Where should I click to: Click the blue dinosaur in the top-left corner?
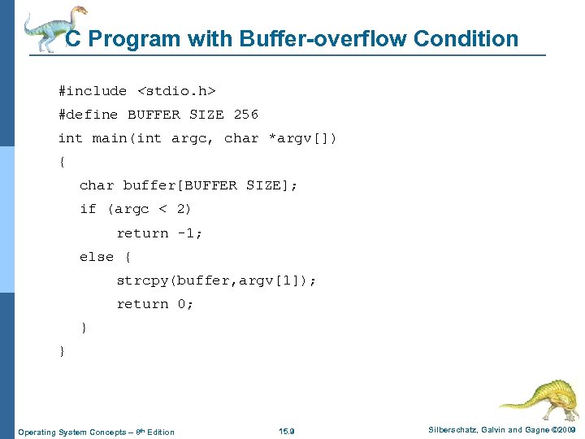[x=53, y=28]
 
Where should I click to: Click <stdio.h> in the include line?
[x=175, y=91]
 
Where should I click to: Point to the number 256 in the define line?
[x=245, y=115]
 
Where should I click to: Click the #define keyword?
[x=88, y=115]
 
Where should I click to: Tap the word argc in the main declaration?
[x=193, y=138]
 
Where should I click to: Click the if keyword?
[x=88, y=209]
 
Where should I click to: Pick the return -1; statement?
[x=159, y=233]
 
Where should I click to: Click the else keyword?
[x=97, y=257]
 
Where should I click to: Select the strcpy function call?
[x=216, y=280]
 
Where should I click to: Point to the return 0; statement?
[x=155, y=304]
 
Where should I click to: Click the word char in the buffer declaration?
[x=97, y=185]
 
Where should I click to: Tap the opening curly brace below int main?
[x=63, y=162]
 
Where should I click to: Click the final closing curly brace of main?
[x=63, y=351]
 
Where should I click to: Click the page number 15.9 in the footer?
[x=287, y=431]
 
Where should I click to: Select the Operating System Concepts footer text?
[x=96, y=431]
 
